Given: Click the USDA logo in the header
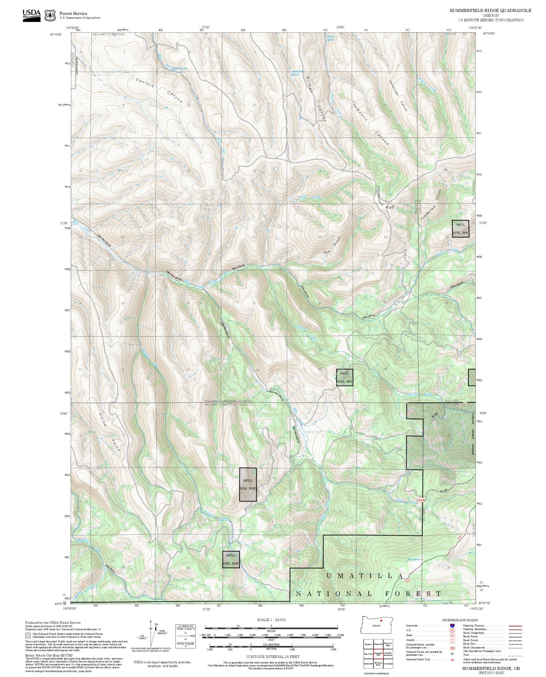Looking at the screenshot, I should (x=31, y=15).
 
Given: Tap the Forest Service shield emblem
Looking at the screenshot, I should (x=50, y=15).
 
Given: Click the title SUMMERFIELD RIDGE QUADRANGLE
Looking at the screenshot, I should (x=490, y=11).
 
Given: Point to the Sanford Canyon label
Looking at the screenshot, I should (x=159, y=91).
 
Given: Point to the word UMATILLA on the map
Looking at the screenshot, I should (x=365, y=576).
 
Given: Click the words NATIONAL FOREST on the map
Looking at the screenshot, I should (x=368, y=594).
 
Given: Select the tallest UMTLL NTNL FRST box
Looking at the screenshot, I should (x=248, y=485).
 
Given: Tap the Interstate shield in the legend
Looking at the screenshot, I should (x=452, y=626).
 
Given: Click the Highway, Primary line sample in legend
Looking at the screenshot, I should (x=515, y=626).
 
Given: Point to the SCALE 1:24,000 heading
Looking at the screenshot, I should (x=271, y=620).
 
